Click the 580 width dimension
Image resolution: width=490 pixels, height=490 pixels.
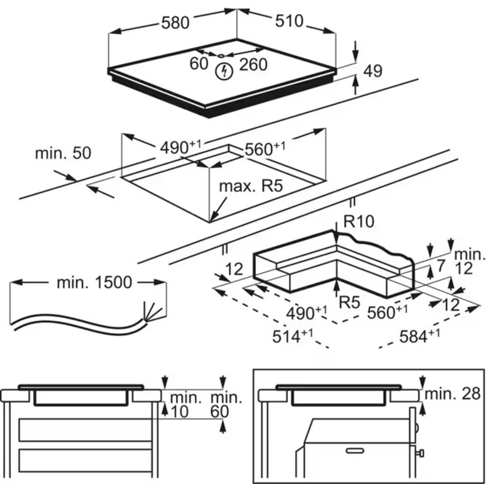pyautogui.click(x=175, y=23)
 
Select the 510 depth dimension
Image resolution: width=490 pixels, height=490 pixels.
pyautogui.click(x=289, y=21)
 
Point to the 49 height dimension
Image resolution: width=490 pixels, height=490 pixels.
pyautogui.click(x=372, y=71)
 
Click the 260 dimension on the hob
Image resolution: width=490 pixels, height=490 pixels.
pyautogui.click(x=253, y=65)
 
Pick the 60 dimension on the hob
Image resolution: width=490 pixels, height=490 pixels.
pyautogui.click(x=198, y=64)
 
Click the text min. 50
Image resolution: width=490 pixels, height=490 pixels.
pyautogui.click(x=63, y=153)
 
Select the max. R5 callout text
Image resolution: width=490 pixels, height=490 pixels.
pyautogui.click(x=251, y=186)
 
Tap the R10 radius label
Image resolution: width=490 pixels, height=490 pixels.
pyautogui.click(x=359, y=222)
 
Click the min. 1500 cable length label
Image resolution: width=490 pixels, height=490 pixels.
pyautogui.click(x=94, y=282)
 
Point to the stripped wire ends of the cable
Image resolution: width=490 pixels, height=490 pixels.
pyautogui.click(x=153, y=311)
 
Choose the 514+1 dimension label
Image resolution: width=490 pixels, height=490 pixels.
pyautogui.click(x=293, y=336)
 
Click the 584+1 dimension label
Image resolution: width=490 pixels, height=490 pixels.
pyautogui.click(x=420, y=336)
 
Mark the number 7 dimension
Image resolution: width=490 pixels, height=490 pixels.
pyautogui.click(x=440, y=266)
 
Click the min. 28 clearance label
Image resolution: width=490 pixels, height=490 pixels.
pyautogui.click(x=453, y=394)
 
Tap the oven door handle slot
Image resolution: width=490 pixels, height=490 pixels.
pyautogui.click(x=355, y=450)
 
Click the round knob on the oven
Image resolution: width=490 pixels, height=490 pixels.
pyautogui.click(x=417, y=426)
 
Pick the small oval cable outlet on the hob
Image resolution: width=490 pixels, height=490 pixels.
pyautogui.click(x=221, y=56)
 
